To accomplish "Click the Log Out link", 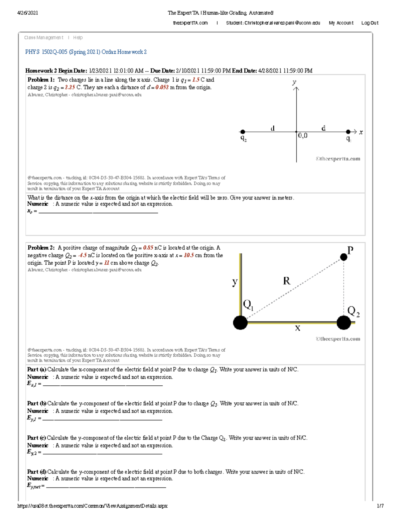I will (370, 23).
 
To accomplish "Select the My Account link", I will (341, 23).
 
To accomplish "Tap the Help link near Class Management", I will (78, 38).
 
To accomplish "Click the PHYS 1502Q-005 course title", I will (86, 52).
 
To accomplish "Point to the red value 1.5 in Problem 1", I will (195, 80).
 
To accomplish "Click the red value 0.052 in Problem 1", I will (162, 88).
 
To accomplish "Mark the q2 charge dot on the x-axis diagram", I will (243, 132).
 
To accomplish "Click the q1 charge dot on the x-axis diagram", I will (348, 132).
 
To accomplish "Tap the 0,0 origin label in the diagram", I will (303, 136).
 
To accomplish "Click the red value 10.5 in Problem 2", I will (189, 255).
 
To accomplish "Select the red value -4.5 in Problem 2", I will (82, 255).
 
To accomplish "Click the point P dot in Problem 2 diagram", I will (344, 257).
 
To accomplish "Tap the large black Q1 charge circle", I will (240, 323).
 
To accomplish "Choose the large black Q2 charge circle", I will (344, 323).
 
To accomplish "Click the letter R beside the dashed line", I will (286, 281).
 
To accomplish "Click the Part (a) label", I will (37, 370).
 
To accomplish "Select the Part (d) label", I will (37, 472).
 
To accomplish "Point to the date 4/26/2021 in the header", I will (28, 13).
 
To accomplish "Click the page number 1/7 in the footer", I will (380, 506).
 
